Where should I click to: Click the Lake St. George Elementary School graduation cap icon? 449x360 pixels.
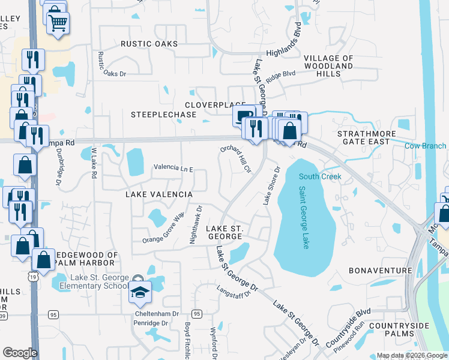pos(140,292)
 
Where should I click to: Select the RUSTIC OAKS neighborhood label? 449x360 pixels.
pos(149,44)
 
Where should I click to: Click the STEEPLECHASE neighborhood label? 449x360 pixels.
pos(164,114)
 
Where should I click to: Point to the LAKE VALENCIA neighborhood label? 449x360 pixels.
pos(158,195)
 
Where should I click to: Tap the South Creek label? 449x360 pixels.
pos(320,176)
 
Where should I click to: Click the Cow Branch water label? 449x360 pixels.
pos(426,146)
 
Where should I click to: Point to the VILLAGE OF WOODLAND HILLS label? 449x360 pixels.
pos(328,66)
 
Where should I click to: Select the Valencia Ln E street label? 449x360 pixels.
pos(173,169)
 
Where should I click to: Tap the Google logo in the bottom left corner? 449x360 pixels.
pos(20,353)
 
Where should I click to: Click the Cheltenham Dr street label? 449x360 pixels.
pos(159,314)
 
